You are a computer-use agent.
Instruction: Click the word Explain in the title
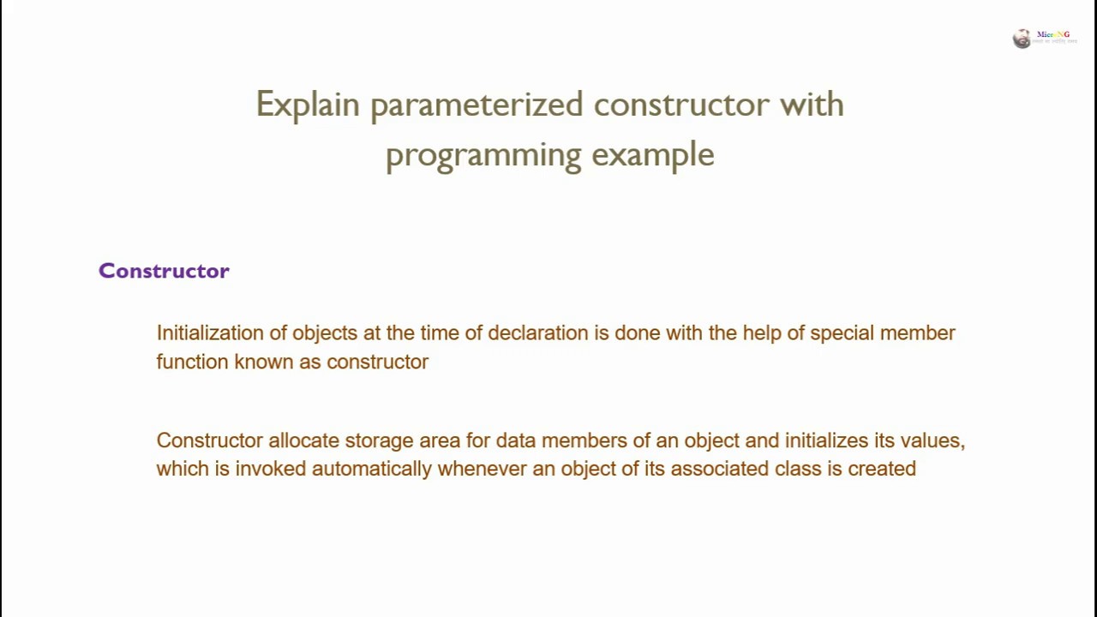click(x=307, y=105)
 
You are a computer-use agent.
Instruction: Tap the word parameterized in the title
click(x=476, y=105)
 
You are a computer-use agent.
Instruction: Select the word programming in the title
click(x=483, y=155)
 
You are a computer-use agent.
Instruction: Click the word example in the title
click(x=652, y=155)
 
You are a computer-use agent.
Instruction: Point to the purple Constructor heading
click(x=164, y=271)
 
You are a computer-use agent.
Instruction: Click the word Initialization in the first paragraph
click(x=210, y=332)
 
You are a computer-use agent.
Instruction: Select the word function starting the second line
click(x=192, y=362)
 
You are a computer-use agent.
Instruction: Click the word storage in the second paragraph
click(x=378, y=440)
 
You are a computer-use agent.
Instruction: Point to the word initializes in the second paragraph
click(x=826, y=440)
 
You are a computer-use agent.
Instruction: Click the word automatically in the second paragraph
click(x=371, y=469)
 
